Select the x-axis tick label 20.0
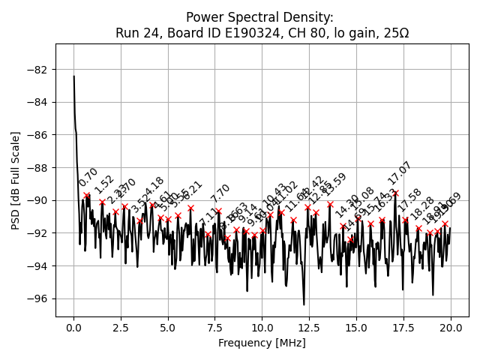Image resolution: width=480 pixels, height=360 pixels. point(451,328)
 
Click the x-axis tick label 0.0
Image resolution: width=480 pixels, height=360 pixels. point(73,328)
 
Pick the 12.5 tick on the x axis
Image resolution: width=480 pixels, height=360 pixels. point(309,328)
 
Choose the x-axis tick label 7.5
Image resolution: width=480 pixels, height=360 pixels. point(215,328)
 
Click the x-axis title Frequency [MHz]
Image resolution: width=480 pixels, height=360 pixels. point(262,343)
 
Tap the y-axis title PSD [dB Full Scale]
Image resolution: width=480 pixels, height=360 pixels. point(16,180)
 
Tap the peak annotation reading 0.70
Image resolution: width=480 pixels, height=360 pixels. point(88,178)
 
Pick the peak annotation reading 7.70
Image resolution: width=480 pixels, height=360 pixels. point(220,193)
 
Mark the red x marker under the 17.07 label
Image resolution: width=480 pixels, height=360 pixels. point(395,193)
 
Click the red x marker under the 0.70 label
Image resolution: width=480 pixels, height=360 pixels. point(87,195)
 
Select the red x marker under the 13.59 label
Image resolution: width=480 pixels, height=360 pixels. point(330,204)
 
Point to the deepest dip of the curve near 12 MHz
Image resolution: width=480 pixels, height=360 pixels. point(304,304)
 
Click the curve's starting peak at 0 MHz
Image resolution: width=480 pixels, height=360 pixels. point(73,76)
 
